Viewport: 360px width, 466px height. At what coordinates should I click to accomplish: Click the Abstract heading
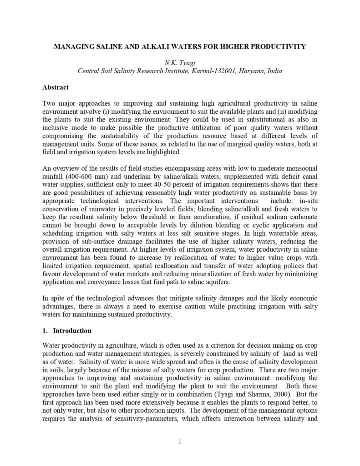(56, 87)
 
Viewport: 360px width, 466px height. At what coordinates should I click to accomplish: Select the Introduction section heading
(72, 330)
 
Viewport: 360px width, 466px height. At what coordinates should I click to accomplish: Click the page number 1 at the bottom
(180, 441)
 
